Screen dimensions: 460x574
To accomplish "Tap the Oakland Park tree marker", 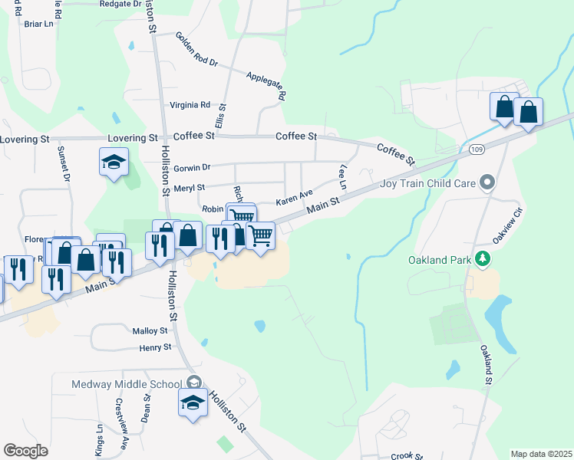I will click(x=483, y=259).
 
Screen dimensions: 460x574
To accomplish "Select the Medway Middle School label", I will click(x=127, y=384).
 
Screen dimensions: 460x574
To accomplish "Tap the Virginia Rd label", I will click(x=190, y=105).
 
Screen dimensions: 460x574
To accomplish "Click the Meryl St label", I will click(x=190, y=187).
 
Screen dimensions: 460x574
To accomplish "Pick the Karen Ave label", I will click(x=295, y=198).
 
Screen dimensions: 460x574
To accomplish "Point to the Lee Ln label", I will click(x=342, y=176).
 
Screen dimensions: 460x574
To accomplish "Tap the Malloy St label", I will click(x=150, y=330).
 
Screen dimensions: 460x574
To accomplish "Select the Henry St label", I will click(x=154, y=347).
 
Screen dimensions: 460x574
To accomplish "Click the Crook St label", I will click(x=402, y=456).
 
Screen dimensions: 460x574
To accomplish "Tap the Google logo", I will click(x=25, y=451).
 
